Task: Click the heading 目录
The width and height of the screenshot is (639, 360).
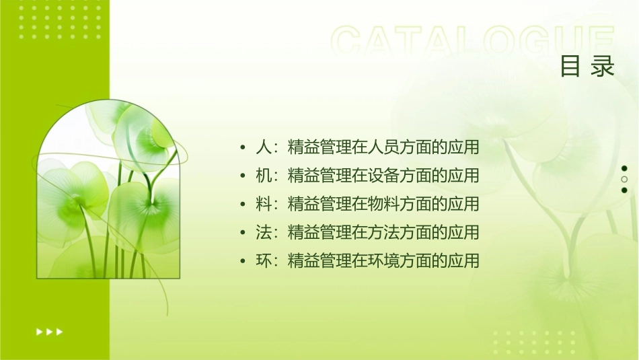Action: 587,67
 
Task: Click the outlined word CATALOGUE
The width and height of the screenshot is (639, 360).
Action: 473,42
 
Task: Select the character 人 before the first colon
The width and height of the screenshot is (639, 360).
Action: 264,147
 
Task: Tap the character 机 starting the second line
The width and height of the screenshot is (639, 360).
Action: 264,176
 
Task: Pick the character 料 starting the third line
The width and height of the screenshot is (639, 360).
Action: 264,204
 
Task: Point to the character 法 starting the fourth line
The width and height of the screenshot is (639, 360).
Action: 264,232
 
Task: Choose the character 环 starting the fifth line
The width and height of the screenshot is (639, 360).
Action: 264,260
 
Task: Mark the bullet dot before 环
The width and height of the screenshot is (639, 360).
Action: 243,261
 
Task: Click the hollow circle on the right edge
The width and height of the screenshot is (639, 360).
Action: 624,179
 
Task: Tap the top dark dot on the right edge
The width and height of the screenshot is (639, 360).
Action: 624,168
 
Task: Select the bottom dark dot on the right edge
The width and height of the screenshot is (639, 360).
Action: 624,190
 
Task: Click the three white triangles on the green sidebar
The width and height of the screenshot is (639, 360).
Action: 49,331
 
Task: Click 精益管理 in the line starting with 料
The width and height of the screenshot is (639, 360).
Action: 311,204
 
